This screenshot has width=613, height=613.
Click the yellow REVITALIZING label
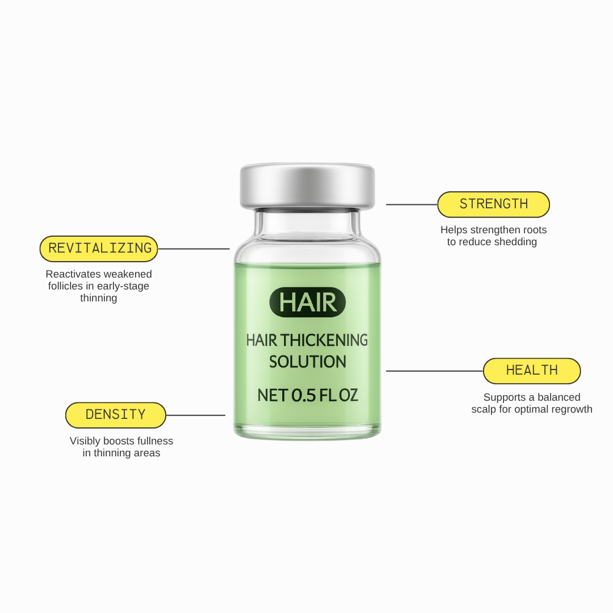99,249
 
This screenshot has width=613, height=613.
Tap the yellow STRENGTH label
493,204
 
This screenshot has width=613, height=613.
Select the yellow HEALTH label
532,371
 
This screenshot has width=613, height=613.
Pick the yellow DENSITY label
116,415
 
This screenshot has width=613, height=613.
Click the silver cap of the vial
307,186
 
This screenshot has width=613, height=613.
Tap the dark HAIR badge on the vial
307,302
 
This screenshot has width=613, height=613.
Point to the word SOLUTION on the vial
307,362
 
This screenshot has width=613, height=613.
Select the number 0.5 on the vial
303,395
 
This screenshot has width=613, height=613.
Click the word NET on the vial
272,395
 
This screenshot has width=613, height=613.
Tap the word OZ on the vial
349,395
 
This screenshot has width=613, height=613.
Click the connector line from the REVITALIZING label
194,249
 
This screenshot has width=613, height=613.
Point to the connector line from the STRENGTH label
412,204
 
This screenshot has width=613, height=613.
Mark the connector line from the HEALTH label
434,371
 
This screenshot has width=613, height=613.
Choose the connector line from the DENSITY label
195,415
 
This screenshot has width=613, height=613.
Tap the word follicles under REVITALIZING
66,286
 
